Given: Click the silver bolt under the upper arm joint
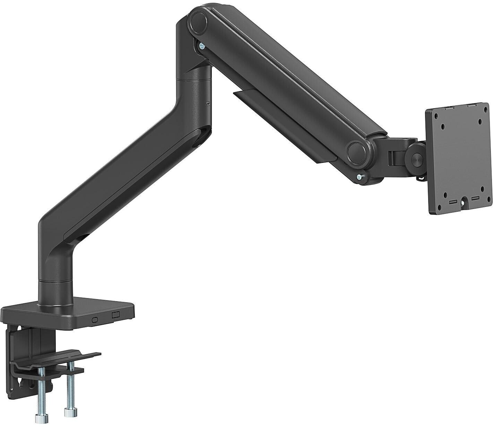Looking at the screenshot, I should [201, 46].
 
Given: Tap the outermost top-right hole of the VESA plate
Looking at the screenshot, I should [480, 121].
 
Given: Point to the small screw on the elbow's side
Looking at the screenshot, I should [207, 103].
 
